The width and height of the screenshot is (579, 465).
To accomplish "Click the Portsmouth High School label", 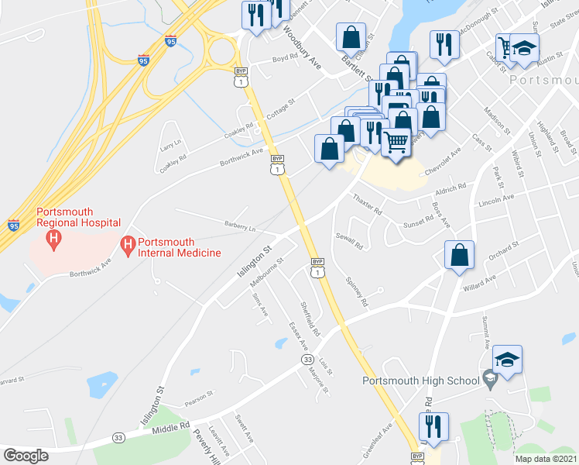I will point(419,380).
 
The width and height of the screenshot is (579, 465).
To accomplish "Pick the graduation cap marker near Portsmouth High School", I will point(507,360).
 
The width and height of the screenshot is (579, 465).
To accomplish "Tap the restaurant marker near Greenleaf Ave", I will point(433,427).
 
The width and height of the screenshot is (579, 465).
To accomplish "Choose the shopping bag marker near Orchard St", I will point(460,255).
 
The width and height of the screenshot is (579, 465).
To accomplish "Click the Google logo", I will point(26,455).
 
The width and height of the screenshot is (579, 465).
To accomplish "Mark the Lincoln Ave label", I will point(496,198).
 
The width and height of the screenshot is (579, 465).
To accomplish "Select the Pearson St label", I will point(199,398).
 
